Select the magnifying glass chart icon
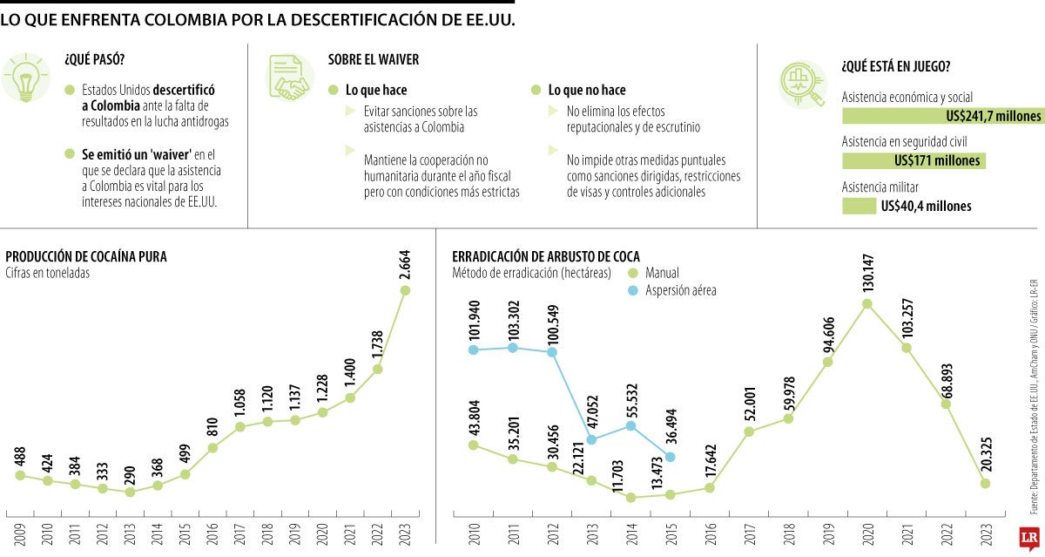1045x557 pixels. point(802,84)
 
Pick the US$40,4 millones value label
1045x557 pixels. point(926,207)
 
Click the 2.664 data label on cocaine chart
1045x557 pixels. point(405,261)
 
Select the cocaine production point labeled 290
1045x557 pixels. point(131,492)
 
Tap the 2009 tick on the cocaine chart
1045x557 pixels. point(19,533)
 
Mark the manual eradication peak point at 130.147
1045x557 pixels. point(867,304)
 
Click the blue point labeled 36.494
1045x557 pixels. point(670,457)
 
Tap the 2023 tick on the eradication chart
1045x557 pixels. point(985,533)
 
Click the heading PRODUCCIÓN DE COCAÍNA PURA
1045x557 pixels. point(86,256)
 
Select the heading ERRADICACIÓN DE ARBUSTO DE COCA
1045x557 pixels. point(546,256)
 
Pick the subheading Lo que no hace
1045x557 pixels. point(586,90)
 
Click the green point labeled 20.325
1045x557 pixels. point(985,484)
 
